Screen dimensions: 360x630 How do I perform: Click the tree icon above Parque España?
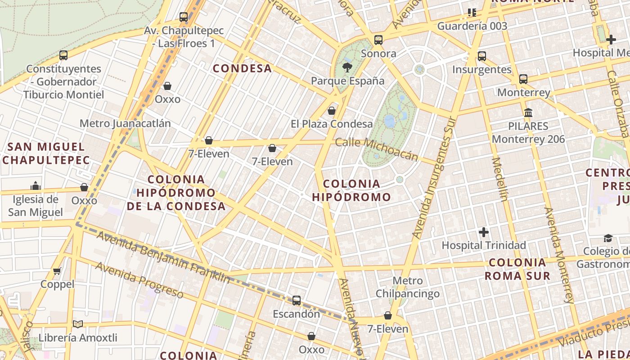coord(347,68)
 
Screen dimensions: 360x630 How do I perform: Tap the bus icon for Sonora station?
coord(378,40)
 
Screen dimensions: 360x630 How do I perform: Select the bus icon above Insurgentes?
coord(482,56)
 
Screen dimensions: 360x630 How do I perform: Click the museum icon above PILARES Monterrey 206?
coord(528,112)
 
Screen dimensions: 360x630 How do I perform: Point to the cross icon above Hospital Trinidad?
coord(484,232)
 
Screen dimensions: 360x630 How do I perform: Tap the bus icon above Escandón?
coord(297,301)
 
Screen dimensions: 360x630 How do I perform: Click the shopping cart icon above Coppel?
coord(57,271)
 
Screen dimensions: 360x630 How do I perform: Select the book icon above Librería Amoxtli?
coord(78,324)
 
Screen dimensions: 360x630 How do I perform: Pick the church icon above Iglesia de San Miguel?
coord(36,186)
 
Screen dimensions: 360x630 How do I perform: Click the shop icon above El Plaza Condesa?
coord(332,110)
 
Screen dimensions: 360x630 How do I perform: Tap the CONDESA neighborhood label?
coord(242,68)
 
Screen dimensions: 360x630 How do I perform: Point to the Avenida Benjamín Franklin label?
coord(163,257)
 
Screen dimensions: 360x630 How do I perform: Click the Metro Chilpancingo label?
coord(408,288)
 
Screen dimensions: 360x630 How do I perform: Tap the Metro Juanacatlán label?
coord(125,123)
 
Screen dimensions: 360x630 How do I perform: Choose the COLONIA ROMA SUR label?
coord(517,269)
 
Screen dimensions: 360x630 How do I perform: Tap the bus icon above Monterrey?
coord(523,79)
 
